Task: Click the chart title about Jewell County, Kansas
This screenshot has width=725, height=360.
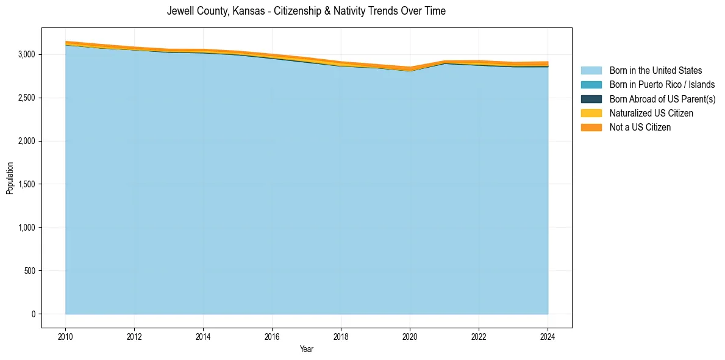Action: (306, 11)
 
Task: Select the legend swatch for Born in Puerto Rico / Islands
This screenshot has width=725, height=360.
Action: (591, 85)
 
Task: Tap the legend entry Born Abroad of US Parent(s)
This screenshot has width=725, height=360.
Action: (662, 99)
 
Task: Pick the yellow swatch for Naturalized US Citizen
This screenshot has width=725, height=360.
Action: (591, 113)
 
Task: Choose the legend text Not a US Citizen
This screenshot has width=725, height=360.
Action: (640, 128)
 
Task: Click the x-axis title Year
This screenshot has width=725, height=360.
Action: (307, 349)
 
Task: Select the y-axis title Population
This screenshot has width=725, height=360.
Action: (10, 178)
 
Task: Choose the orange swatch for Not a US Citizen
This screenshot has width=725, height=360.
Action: (591, 128)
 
